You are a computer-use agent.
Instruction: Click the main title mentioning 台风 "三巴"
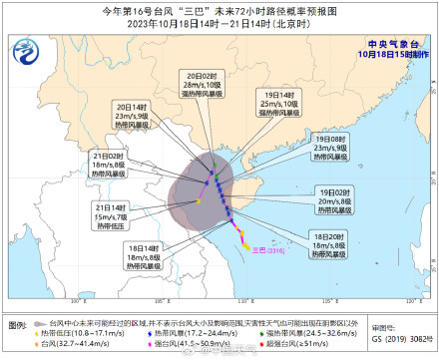(219, 9)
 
